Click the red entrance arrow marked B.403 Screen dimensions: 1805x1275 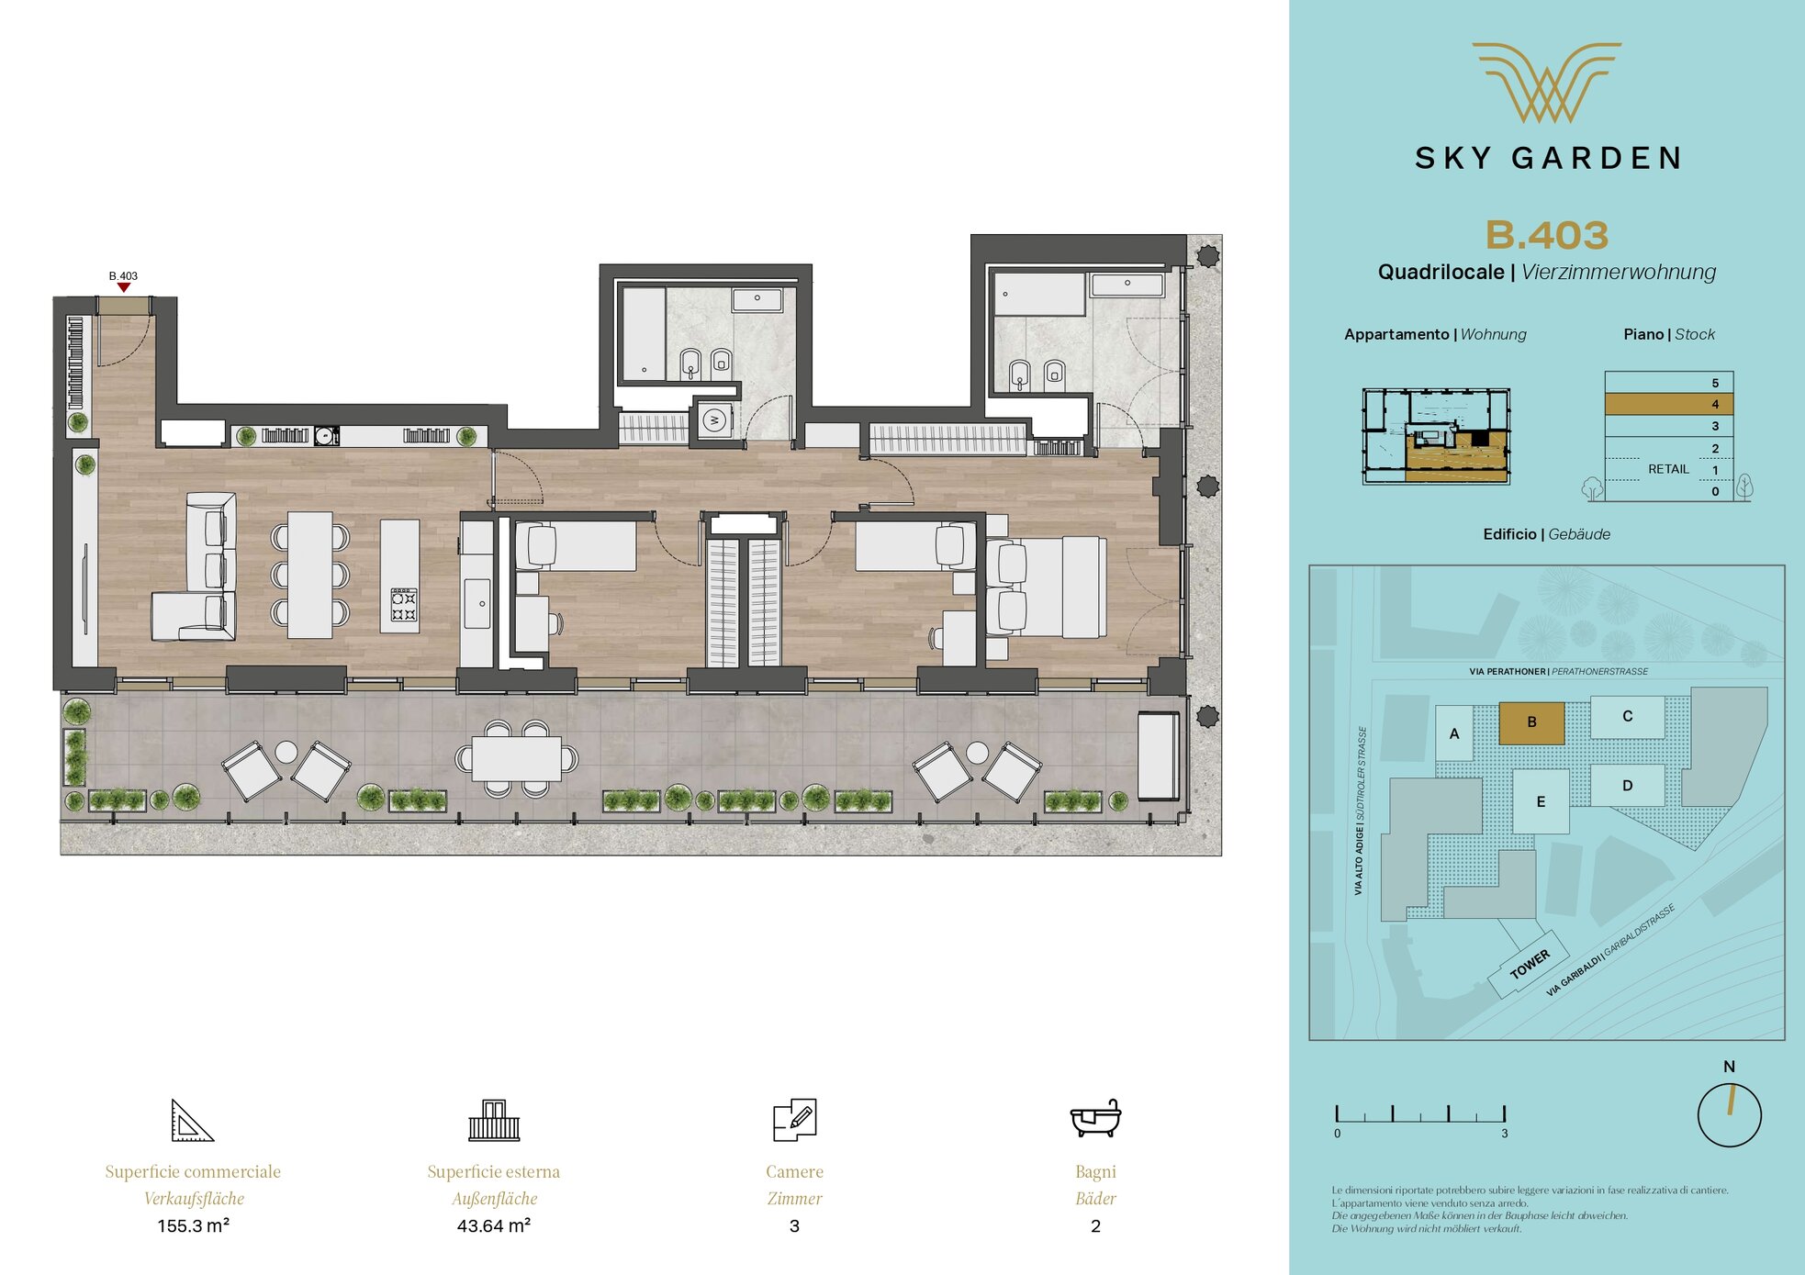(124, 287)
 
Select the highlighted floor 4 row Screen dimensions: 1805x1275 (1668, 404)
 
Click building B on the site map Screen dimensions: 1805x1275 (1531, 722)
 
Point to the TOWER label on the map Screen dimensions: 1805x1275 (1530, 964)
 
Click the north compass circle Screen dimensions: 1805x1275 (1729, 1115)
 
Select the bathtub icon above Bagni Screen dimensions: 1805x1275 (1095, 1118)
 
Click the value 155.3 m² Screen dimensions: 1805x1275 (193, 1225)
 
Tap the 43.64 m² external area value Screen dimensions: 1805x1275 (494, 1225)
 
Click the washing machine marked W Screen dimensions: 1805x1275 (714, 421)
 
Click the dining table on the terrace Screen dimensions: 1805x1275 (517, 759)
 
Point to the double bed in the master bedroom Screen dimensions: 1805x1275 (1046, 587)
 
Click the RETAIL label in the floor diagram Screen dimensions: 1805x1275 (1668, 469)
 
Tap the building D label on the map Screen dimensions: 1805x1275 (1627, 786)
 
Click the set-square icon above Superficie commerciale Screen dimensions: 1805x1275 (192, 1120)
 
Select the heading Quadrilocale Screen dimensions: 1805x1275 (1441, 272)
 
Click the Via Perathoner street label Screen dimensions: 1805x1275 (1507, 671)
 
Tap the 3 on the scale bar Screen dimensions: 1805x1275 (1505, 1134)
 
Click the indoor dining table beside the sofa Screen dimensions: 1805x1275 (310, 576)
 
